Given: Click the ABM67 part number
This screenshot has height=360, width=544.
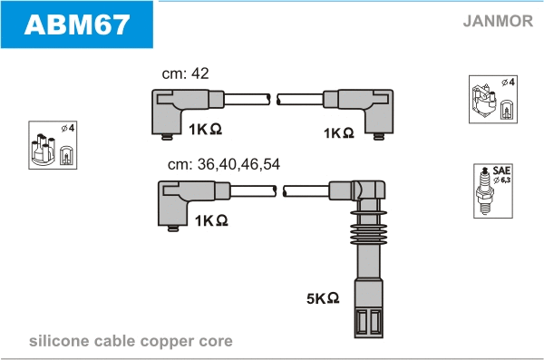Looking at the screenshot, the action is point(77,24).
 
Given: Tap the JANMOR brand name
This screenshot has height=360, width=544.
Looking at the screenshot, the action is point(498,21).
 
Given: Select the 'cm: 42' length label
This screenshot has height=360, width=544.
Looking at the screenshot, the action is point(185,73).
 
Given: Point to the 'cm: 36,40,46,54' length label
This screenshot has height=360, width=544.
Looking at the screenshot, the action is point(224,164).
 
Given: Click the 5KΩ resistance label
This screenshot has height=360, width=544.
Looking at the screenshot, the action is point(323,297).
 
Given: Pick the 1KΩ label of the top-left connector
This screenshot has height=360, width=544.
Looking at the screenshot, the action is point(205,129).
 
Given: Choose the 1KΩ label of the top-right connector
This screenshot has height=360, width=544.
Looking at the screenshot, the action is point(338,132).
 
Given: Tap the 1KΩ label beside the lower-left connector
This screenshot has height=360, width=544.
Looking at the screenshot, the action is point(211,220).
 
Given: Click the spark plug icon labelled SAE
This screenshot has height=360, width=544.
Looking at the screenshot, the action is point(484,191).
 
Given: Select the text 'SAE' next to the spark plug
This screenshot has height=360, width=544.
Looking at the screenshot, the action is point(501,170).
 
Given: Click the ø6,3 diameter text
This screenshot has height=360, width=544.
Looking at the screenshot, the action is point(501,180).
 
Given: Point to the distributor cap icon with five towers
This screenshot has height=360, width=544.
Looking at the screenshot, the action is point(44,149).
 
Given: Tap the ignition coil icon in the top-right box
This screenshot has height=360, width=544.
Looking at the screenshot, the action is point(483,100).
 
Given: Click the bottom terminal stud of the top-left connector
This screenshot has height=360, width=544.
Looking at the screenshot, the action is point(167,137).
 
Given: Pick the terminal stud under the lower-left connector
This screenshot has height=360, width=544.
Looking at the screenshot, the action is point(173,229).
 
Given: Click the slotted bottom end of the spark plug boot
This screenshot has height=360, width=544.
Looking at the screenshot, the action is point(368,322).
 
